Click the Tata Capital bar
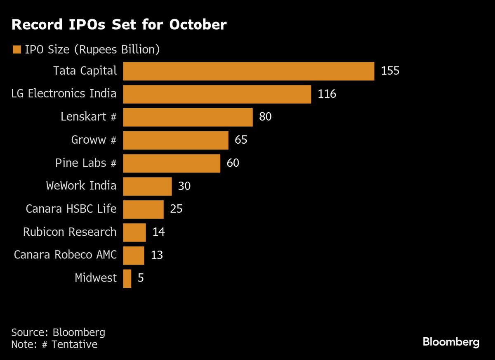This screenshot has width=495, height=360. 248,71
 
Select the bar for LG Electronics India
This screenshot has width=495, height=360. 217,94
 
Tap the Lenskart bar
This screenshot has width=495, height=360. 188,117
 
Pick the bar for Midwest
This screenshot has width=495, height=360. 127,278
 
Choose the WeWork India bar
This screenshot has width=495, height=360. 147,186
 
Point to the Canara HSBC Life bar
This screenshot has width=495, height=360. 144,209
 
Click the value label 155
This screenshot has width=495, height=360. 390,71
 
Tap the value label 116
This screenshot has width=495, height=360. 327,94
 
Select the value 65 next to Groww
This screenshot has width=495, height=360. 241,140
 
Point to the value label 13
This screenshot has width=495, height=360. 157,255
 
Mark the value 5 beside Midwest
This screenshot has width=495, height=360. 141,278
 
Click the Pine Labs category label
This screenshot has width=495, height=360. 86,163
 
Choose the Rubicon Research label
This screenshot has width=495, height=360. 70,232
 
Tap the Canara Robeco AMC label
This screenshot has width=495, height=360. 65,255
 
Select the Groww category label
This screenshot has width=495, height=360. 94,140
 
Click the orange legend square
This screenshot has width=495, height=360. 16,50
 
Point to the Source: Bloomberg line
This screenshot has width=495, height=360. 58,332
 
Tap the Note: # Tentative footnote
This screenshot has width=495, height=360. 54,344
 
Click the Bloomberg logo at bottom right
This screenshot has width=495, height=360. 451,342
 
